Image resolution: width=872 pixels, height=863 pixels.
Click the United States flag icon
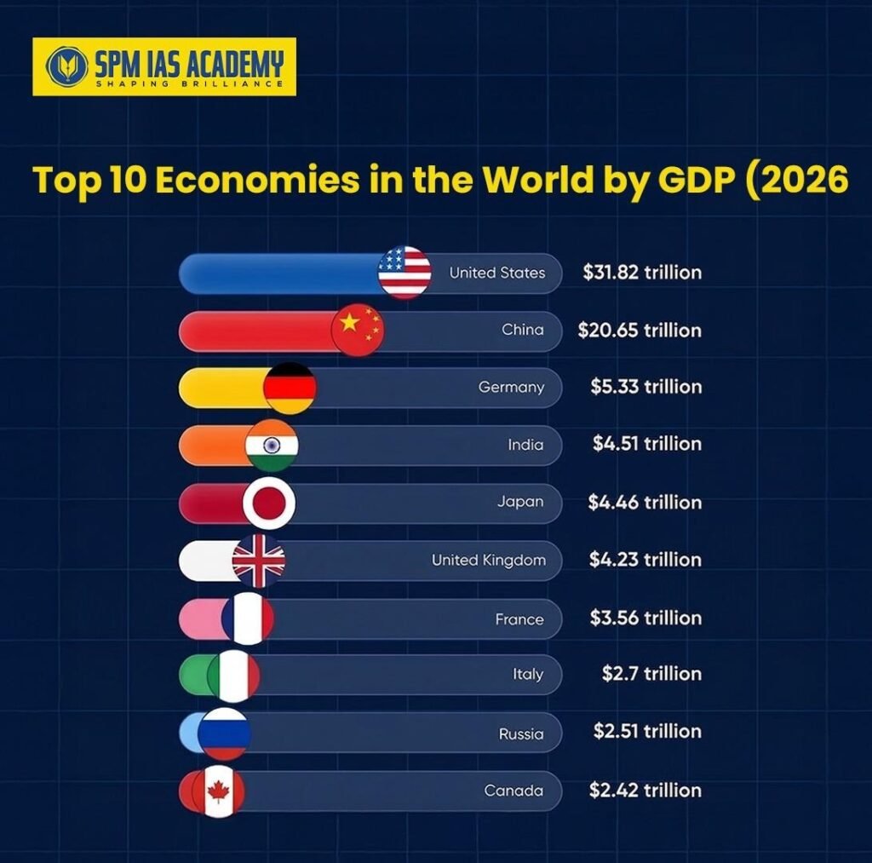coord(404,273)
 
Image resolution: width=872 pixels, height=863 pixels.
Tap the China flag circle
coord(358,330)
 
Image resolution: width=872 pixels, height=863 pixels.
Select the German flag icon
coord(290,388)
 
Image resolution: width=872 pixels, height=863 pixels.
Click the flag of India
coord(272,445)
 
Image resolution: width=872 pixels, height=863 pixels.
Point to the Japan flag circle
coord(269,503)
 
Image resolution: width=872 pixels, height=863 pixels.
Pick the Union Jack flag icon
coord(259,561)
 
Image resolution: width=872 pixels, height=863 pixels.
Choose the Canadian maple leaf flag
coord(219,791)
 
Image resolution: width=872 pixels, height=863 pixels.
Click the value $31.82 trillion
coord(642,273)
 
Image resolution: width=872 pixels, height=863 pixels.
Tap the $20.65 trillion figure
coord(640,330)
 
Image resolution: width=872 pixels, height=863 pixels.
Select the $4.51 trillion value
coord(647,444)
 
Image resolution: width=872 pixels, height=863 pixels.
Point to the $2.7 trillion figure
coord(651,674)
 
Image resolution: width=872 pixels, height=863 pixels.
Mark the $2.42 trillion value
coord(645,790)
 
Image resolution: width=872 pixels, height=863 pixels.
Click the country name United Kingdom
coord(488,561)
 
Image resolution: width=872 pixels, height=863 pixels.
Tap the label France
coord(519,619)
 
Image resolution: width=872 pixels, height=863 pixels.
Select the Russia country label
coord(520,734)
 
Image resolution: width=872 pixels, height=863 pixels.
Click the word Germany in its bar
coord(511,387)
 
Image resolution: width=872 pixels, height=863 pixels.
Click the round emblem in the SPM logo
coord(63,66)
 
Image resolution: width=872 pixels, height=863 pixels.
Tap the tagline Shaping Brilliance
coord(188,83)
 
